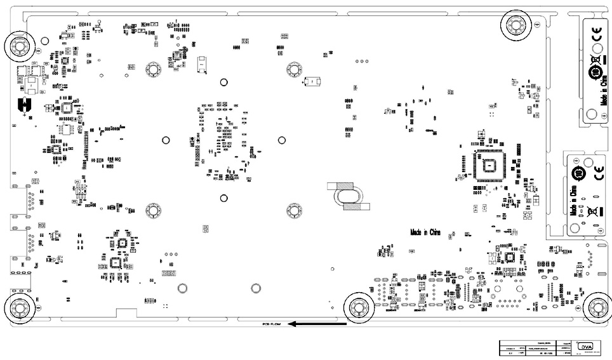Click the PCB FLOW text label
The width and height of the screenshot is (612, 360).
click(272, 324)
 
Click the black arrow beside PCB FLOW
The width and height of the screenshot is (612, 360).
click(316, 324)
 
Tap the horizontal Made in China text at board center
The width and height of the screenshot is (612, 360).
click(425, 232)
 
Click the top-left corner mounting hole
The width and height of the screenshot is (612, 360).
click(18, 46)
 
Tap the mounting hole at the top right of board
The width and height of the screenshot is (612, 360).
click(515, 25)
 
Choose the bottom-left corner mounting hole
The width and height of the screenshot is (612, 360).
click(18, 308)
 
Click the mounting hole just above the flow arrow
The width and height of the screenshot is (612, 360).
click(358, 308)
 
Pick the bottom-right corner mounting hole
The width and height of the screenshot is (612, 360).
click(597, 308)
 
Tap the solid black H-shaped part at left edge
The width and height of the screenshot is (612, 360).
click(25, 104)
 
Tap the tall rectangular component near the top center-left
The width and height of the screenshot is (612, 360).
click(202, 63)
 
